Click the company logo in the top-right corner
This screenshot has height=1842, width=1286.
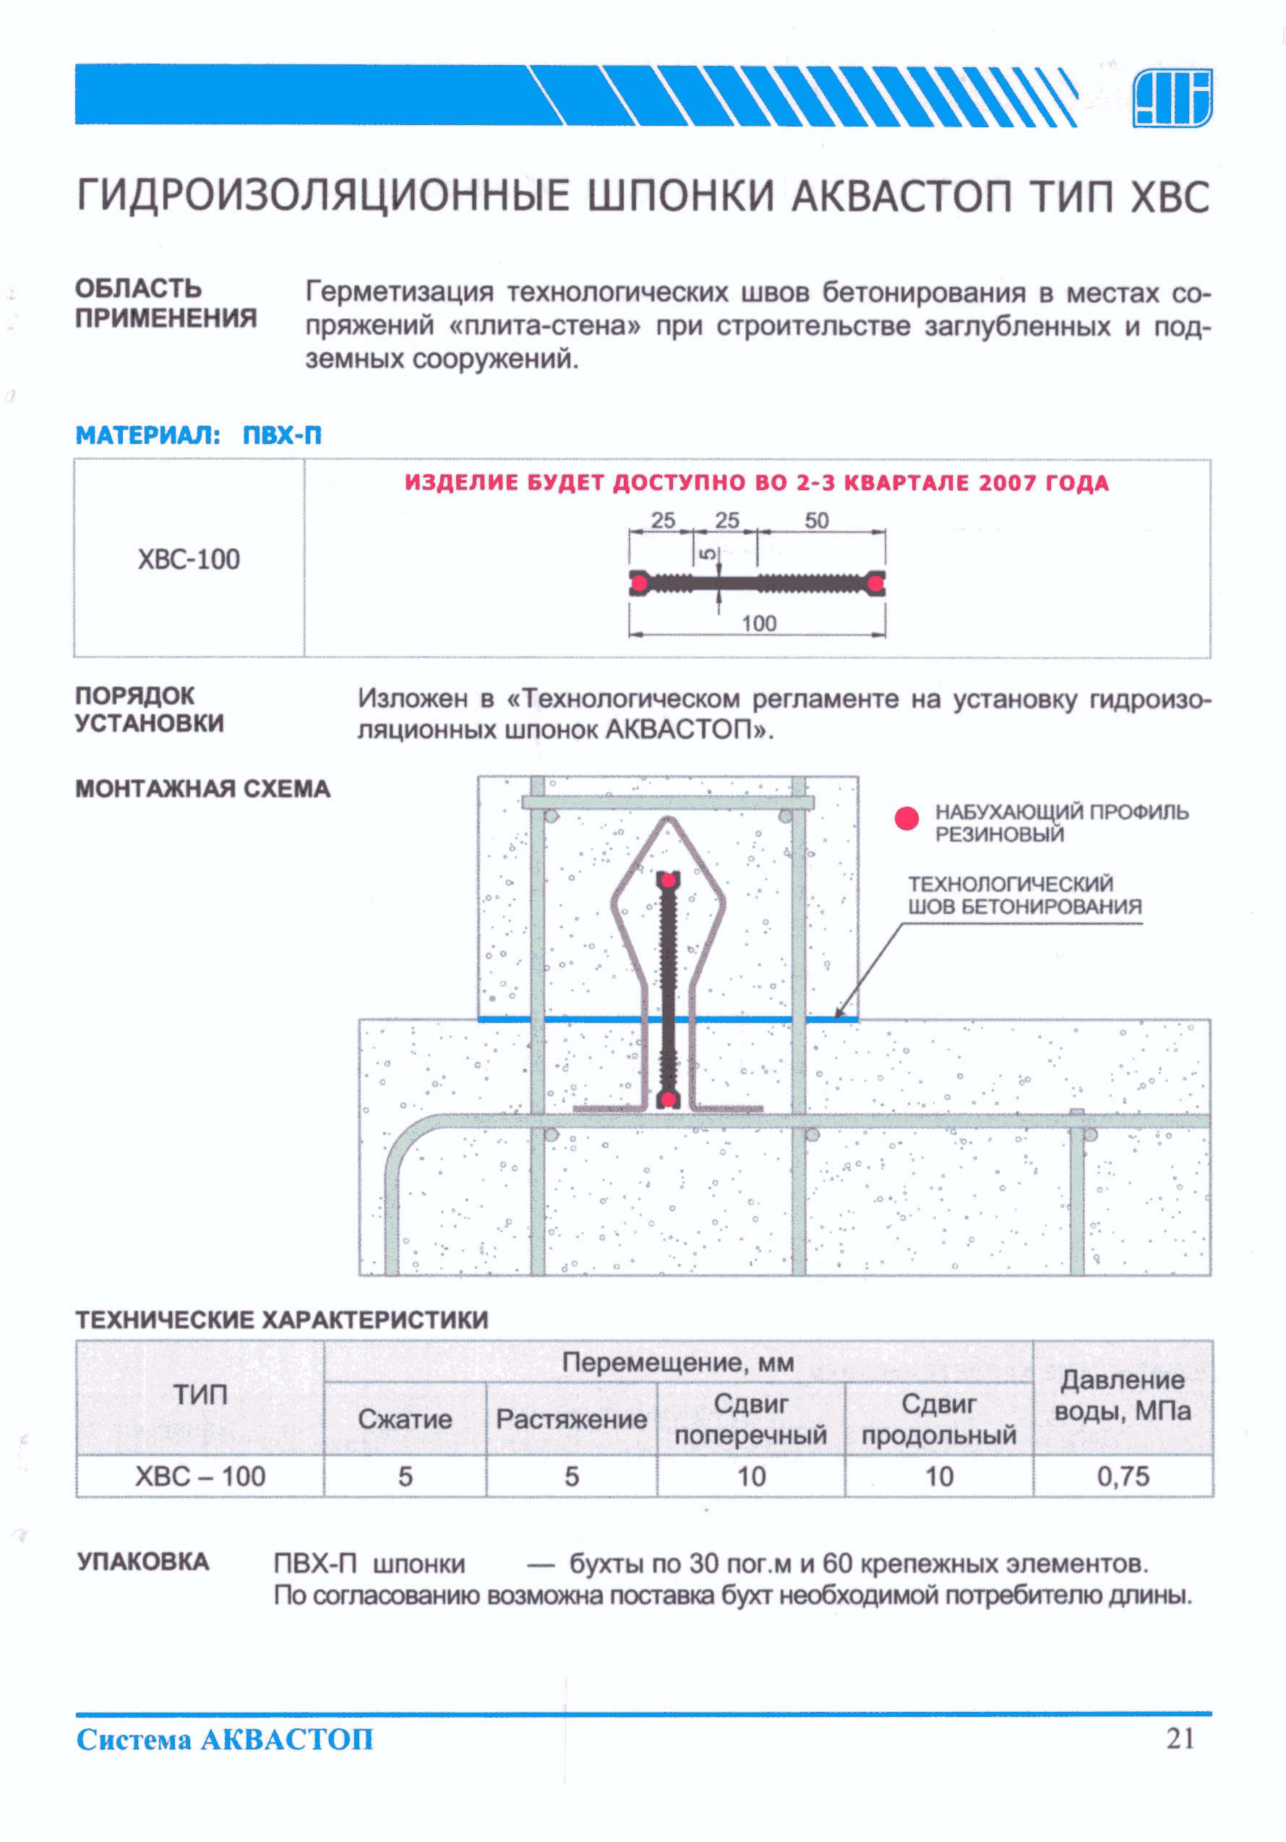1171,97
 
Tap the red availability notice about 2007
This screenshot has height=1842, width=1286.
757,483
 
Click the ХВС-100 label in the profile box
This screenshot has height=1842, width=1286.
189,560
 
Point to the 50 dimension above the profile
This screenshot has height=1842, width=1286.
817,521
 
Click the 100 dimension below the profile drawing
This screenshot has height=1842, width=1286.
758,623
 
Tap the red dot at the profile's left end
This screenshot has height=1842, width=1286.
638,583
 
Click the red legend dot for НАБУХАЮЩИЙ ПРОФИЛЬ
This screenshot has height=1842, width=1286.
906,818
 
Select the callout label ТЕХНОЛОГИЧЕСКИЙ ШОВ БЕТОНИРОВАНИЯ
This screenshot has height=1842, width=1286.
1024,895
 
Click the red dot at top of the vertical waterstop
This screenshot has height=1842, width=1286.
667,880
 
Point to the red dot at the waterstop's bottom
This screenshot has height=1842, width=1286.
667,1099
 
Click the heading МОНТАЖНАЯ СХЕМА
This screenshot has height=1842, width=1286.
202,789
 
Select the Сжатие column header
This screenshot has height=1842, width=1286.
404,1419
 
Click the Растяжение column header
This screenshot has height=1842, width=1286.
571,1419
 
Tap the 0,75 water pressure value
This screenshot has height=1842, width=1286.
1123,1476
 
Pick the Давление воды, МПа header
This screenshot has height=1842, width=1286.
1123,1396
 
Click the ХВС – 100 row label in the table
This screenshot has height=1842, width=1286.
200,1476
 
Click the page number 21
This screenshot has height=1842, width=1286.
1180,1739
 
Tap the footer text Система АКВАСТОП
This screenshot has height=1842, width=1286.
225,1739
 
